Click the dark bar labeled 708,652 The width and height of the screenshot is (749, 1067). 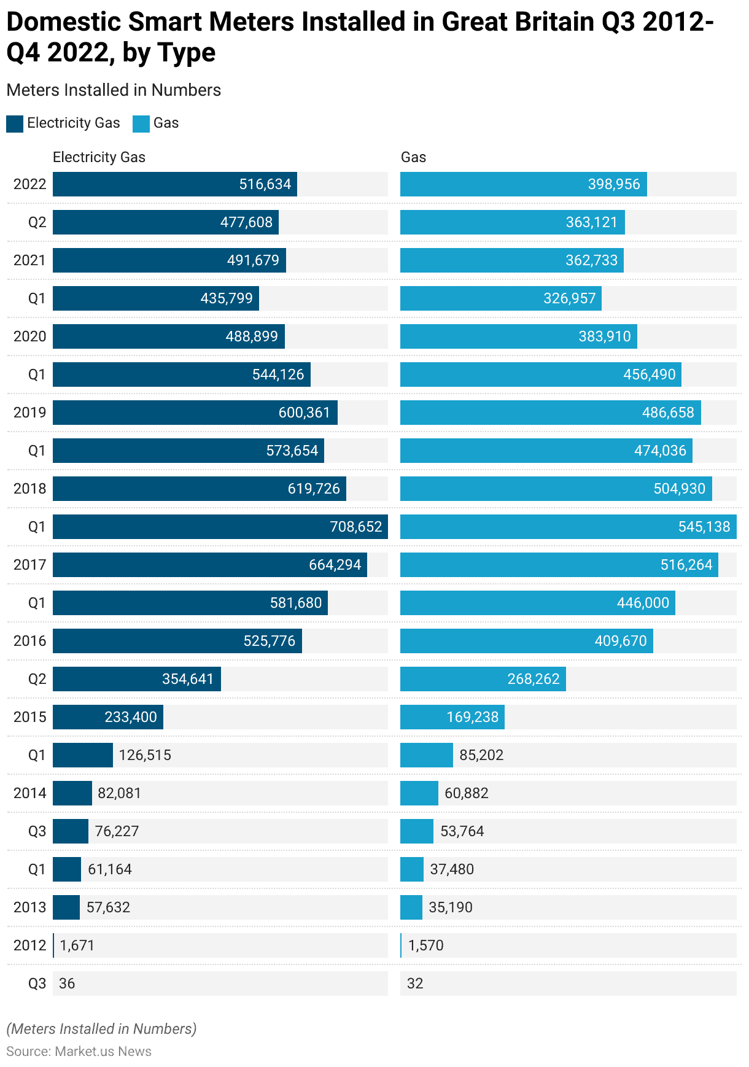tap(220, 527)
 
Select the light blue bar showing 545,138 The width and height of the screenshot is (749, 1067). tap(568, 527)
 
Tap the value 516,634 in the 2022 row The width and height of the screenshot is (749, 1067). tap(265, 184)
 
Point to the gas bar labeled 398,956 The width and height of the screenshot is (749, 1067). tap(523, 184)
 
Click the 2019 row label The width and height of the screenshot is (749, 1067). tap(29, 413)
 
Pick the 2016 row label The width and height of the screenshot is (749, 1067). tap(29, 641)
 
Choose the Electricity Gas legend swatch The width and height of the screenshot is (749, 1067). tap(15, 123)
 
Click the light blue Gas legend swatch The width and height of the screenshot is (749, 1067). tap(141, 123)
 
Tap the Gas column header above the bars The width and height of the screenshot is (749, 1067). tap(413, 157)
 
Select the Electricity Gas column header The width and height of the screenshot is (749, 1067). tap(99, 157)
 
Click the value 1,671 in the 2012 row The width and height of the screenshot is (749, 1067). tap(77, 945)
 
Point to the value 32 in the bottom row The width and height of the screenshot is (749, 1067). tap(415, 984)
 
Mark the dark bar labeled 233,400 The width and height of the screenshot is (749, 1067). tap(108, 717)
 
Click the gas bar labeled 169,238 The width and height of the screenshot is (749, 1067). tap(452, 717)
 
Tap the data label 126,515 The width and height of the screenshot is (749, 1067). tap(145, 755)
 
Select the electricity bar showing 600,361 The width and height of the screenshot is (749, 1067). tap(195, 413)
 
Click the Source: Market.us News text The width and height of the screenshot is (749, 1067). tap(79, 1051)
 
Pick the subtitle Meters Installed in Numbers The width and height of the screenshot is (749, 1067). tap(114, 90)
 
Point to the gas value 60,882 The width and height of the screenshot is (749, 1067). tap(467, 793)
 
